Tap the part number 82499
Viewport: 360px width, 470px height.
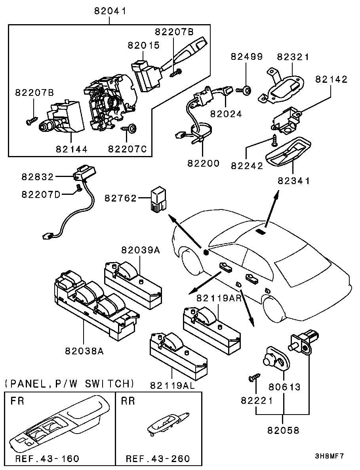click(x=247, y=57)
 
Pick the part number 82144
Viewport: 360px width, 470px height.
click(x=72, y=149)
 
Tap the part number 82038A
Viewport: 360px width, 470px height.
click(x=84, y=350)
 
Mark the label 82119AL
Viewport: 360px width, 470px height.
click(x=172, y=385)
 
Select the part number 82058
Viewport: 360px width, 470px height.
click(x=284, y=430)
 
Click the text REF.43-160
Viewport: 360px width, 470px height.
click(x=47, y=459)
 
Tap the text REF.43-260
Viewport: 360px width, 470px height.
click(x=158, y=459)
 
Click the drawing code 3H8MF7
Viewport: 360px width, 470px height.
click(x=329, y=456)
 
